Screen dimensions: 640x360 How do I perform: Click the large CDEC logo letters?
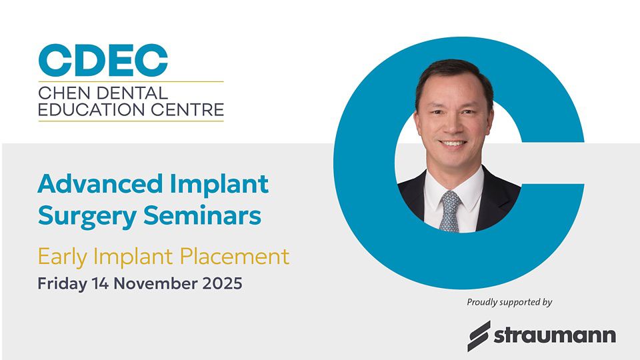click(103, 61)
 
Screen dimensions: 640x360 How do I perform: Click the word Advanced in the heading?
click(101, 184)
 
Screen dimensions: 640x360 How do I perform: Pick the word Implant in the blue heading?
click(219, 185)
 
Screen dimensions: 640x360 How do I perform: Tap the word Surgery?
click(87, 217)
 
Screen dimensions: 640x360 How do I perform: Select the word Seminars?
click(202, 215)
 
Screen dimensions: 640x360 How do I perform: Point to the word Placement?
click(234, 256)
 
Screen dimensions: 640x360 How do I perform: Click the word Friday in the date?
click(62, 284)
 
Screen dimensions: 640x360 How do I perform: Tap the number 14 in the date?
click(101, 283)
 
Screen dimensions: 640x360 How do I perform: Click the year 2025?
click(223, 283)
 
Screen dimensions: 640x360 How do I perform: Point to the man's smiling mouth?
click(453, 143)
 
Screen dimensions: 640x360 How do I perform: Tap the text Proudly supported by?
click(509, 303)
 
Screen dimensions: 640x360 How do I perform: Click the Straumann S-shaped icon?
click(479, 336)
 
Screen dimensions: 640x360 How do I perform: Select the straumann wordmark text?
click(555, 335)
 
